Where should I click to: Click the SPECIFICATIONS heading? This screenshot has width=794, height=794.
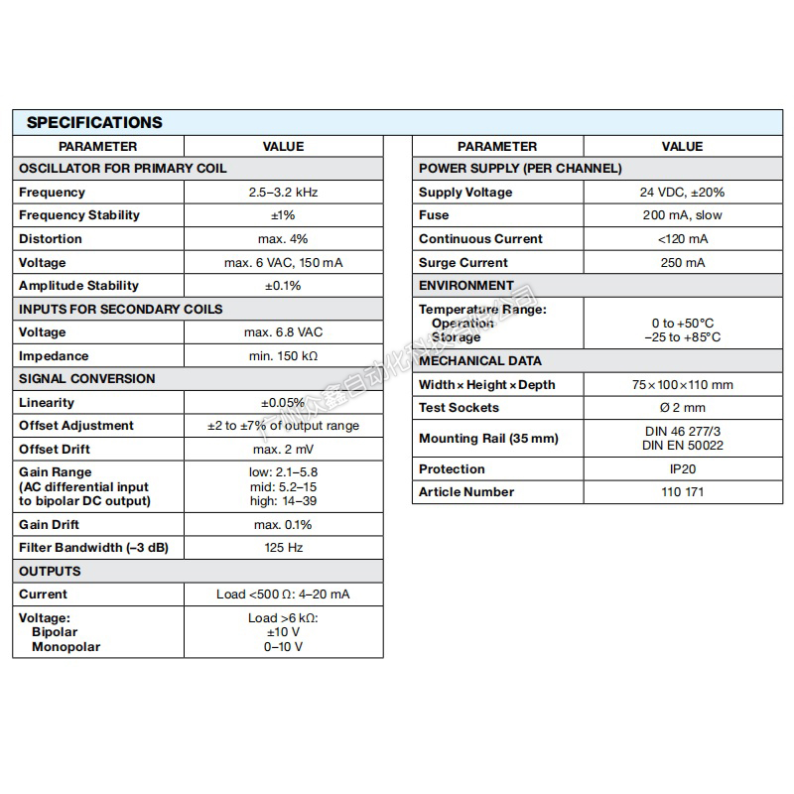click(x=94, y=123)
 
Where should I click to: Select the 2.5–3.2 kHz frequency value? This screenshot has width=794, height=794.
click(x=283, y=193)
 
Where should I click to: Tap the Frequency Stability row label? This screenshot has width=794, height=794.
click(x=79, y=215)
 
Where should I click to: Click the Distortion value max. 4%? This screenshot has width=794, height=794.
click(x=283, y=239)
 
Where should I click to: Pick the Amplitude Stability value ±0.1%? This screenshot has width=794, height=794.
click(x=283, y=286)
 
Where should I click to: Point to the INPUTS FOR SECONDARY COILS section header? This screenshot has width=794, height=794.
click(x=121, y=309)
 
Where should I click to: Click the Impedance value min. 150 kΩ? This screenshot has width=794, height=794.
click(x=283, y=356)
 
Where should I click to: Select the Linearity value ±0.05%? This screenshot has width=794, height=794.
click(x=283, y=403)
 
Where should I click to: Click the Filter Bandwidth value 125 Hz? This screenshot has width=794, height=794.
click(x=283, y=548)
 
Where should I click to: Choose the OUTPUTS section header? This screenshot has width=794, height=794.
click(x=50, y=571)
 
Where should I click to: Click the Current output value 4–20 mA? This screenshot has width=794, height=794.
click(x=283, y=595)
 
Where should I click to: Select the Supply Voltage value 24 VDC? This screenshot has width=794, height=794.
click(x=682, y=193)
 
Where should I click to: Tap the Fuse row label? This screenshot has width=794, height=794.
click(x=434, y=215)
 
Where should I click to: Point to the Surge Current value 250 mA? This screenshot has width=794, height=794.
click(x=682, y=263)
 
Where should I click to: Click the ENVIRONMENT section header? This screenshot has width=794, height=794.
click(x=466, y=286)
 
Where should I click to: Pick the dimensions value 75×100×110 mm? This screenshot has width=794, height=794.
click(x=682, y=385)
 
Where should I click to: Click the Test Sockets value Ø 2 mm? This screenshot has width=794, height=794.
click(x=682, y=408)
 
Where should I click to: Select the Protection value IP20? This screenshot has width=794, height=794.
click(x=682, y=469)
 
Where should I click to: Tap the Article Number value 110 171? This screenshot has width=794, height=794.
click(x=682, y=492)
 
